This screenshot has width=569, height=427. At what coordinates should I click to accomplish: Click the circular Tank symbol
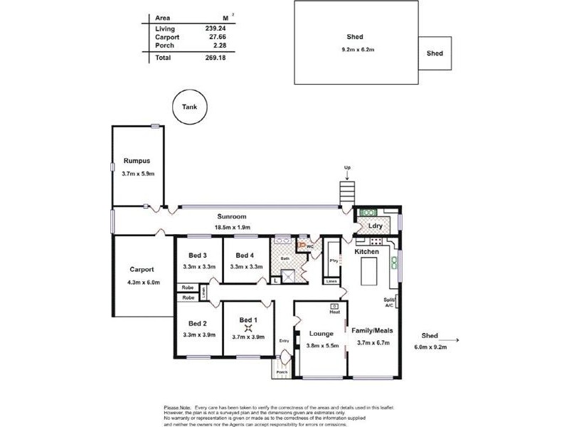[x=188, y=107]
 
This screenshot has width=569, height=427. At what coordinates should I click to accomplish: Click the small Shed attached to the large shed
[x=435, y=53]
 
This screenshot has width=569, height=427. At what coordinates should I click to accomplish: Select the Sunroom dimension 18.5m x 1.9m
[x=232, y=227]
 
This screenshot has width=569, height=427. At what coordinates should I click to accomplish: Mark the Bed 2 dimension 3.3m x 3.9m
[x=198, y=334]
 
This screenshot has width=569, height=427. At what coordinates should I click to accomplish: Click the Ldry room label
[x=376, y=226]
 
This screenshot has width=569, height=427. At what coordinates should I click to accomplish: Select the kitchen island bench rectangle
[x=369, y=272]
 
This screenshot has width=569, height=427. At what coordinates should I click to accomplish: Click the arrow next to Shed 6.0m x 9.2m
[x=453, y=341]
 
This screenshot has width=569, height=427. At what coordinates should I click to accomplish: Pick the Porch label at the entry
[x=282, y=371]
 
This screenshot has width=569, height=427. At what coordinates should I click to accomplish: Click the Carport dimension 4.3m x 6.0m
[x=143, y=283]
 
